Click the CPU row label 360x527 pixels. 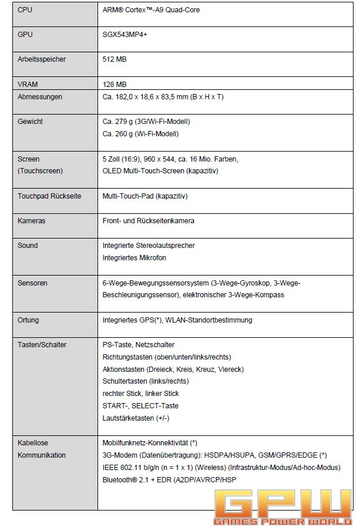click(25, 10)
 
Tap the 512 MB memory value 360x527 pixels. click(115, 59)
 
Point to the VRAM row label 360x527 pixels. click(28, 85)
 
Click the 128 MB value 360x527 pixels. click(115, 85)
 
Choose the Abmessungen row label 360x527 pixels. click(40, 97)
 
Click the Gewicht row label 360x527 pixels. click(31, 122)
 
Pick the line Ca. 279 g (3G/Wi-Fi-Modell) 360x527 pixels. click(146, 122)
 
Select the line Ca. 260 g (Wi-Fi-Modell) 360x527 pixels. click(140, 134)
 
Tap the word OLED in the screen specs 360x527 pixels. click(112, 171)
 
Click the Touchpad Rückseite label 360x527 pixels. click(49, 196)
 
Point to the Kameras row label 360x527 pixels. click(32, 221)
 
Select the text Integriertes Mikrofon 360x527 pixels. click(134, 258)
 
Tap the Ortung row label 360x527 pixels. click(29, 320)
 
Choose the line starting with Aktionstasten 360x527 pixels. click(173, 369)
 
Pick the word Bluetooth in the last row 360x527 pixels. click(120, 480)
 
